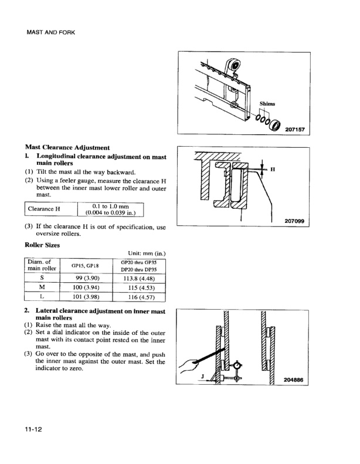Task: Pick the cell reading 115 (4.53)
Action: (138, 287)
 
